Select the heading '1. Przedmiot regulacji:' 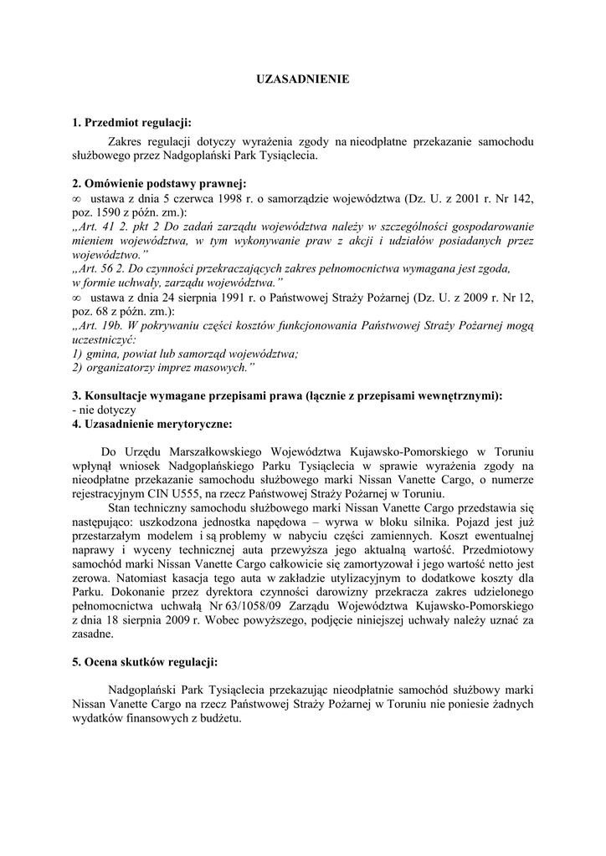pos(132,124)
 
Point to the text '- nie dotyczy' pos(104,410)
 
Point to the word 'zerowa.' pos(92,578)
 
